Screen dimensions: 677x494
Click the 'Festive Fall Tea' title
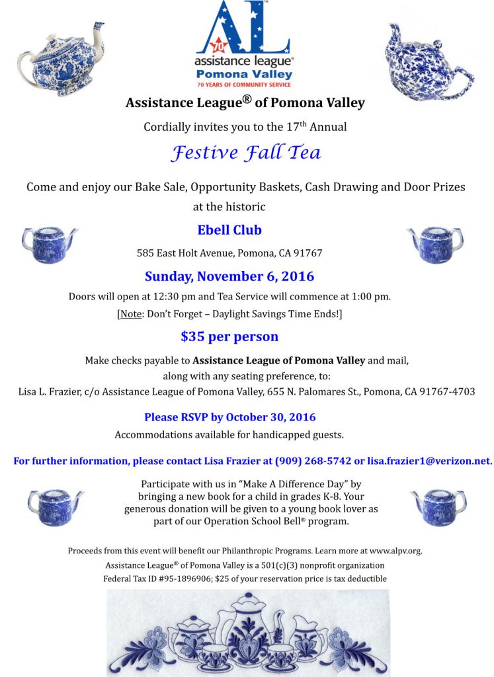(246, 153)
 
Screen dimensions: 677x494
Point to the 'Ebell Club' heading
(229, 230)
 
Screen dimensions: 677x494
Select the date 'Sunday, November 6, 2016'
(229, 276)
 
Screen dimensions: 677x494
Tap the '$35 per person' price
(229, 336)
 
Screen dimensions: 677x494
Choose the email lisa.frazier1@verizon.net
(429, 461)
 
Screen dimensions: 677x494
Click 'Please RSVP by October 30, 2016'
(229, 417)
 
